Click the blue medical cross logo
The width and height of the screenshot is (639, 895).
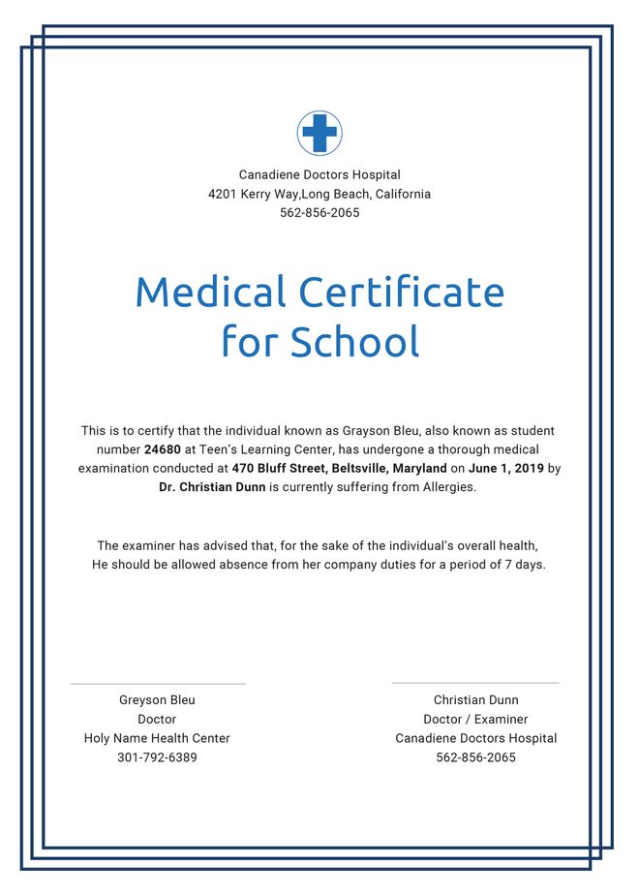coord(319,133)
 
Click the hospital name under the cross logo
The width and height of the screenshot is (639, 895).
coord(319,175)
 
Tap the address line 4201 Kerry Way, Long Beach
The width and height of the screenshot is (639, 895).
coord(319,194)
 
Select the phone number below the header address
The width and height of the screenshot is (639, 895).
coord(319,213)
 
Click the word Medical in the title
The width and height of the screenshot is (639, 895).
coord(210,292)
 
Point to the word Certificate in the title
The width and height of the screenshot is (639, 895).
coord(401,292)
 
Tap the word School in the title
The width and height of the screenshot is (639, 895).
coord(355,341)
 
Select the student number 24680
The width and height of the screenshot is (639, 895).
coord(162,449)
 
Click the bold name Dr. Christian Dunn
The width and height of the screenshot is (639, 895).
coord(212,487)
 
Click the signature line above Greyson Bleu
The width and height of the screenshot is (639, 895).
coord(158,684)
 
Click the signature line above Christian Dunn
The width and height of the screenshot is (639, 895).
coord(475,683)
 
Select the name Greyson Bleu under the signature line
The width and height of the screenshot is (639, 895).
coord(157,700)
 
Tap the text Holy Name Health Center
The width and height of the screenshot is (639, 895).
coord(157,738)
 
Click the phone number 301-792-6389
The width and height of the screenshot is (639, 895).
coord(157,757)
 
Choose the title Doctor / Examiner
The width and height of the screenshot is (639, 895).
coord(475,720)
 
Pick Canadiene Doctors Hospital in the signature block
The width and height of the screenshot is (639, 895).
coord(475,738)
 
